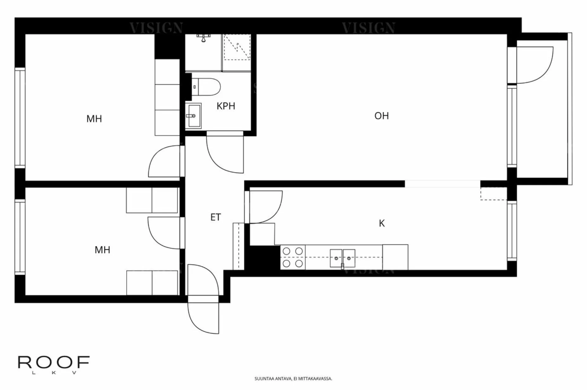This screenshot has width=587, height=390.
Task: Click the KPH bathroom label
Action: coord(226,106)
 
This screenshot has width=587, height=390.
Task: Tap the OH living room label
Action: coord(381,116)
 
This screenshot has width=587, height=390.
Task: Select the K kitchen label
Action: coord(382,224)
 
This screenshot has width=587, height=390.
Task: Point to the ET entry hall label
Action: coord(215,217)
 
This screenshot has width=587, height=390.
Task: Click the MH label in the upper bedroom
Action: coord(94,119)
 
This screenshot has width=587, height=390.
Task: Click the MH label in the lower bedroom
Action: coord(102,250)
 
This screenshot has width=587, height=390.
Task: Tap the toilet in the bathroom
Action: coord(207,87)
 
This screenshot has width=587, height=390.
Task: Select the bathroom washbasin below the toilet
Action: coord(193,116)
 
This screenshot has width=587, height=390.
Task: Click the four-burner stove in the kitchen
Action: coord(293,257)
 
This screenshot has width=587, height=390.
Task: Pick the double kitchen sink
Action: coord(342,258)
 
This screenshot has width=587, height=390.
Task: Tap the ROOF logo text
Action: coord(54,362)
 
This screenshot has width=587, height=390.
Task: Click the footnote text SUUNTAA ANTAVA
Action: coord(293,379)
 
